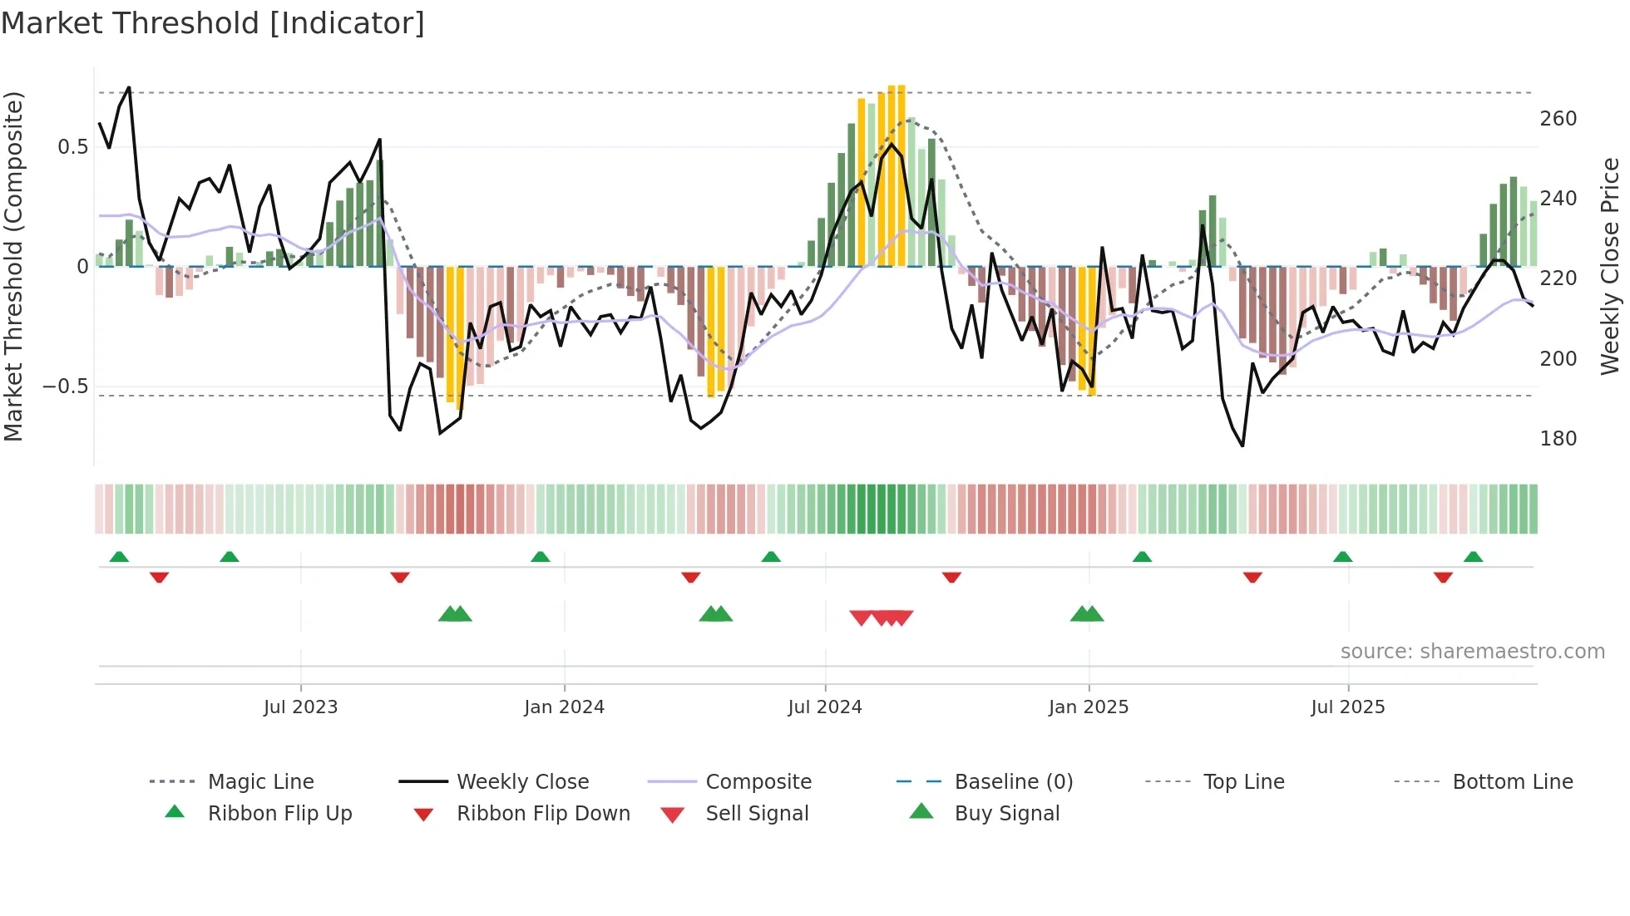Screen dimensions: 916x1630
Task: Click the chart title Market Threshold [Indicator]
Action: click(213, 23)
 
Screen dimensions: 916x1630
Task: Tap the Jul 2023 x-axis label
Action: click(300, 707)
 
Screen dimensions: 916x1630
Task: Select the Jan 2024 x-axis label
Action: click(564, 707)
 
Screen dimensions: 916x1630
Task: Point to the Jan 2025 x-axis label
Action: click(1089, 707)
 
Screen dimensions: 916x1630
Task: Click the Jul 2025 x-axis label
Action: click(1348, 707)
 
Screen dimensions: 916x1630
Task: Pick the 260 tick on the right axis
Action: click(1558, 119)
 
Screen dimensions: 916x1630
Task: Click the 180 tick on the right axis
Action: click(1558, 439)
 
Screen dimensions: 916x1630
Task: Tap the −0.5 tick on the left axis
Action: click(65, 387)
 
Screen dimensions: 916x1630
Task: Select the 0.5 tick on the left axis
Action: click(72, 147)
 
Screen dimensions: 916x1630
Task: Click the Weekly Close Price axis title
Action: click(1610, 266)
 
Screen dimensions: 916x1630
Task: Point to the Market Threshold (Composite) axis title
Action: click(13, 266)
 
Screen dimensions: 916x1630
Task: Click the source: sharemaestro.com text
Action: click(1472, 652)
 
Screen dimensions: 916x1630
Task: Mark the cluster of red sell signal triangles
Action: click(882, 618)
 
